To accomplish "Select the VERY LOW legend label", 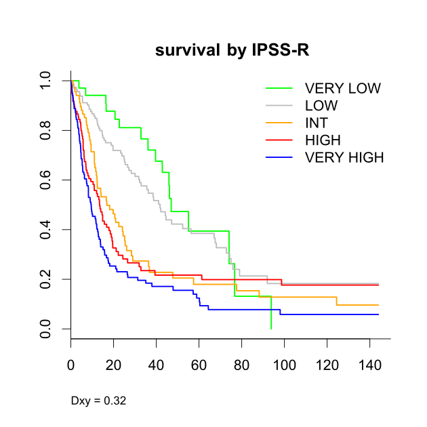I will pyautogui.click(x=343, y=88).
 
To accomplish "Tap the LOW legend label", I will pyautogui.click(x=321, y=106).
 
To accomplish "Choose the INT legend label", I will pyautogui.click(x=317, y=123).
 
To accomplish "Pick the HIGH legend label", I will pyautogui.click(x=323, y=140).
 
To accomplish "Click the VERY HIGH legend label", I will pyautogui.click(x=344, y=158).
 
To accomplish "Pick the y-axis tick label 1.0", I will pyautogui.click(x=45, y=81).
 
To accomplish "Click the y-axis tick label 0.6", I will pyautogui.click(x=45, y=180).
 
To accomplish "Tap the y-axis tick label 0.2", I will pyautogui.click(x=45, y=279).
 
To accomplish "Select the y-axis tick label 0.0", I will pyautogui.click(x=45, y=329).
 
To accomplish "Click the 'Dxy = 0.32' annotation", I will pyautogui.click(x=98, y=401).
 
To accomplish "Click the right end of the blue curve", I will pyautogui.click(x=378, y=314).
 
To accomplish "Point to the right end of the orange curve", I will pyautogui.click(x=378, y=305).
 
